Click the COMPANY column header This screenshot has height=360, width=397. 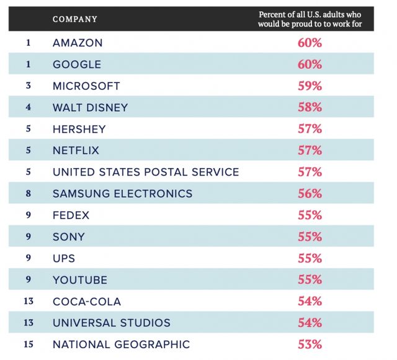(75, 19)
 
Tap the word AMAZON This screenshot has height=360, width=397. (78, 43)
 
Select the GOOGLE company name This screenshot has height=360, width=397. (77, 65)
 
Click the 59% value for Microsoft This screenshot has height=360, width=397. (310, 86)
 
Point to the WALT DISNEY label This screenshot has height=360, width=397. (90, 107)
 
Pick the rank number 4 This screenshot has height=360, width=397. (28, 107)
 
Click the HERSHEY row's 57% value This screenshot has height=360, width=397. (310, 129)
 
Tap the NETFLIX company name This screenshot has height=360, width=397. (76, 150)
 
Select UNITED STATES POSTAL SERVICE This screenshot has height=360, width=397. (146, 172)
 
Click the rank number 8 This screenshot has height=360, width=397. (28, 194)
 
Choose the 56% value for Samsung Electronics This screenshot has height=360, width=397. (310, 194)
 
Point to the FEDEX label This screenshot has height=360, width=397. (71, 215)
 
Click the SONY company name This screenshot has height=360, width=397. (68, 236)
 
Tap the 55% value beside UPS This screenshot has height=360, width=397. (310, 258)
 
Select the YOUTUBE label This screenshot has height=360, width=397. (80, 280)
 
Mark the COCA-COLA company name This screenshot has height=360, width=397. (87, 302)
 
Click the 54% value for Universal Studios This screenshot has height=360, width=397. (310, 323)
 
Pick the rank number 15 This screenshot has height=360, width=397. (28, 344)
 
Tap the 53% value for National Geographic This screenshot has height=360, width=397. (310, 344)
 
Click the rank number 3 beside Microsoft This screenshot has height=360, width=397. (28, 86)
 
